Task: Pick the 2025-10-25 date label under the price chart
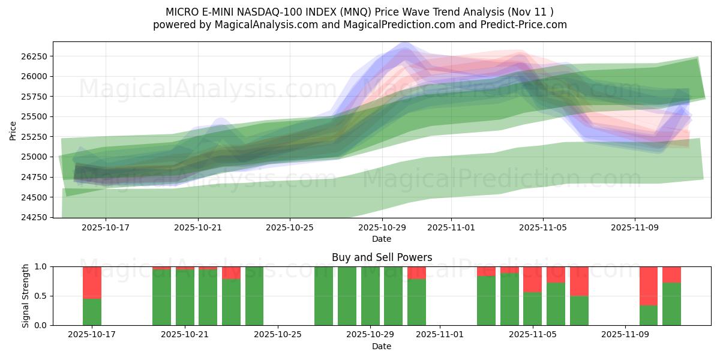(x=290, y=228)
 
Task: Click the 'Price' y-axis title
(x=13, y=130)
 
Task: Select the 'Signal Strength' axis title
(x=26, y=296)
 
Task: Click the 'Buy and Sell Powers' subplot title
(x=382, y=257)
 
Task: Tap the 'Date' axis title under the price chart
(x=382, y=239)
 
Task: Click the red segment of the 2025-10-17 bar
(x=92, y=282)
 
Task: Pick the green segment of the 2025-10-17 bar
(x=92, y=311)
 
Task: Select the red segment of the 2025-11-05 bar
(x=532, y=279)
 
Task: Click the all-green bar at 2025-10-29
(x=370, y=296)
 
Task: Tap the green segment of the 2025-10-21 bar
(x=185, y=298)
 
